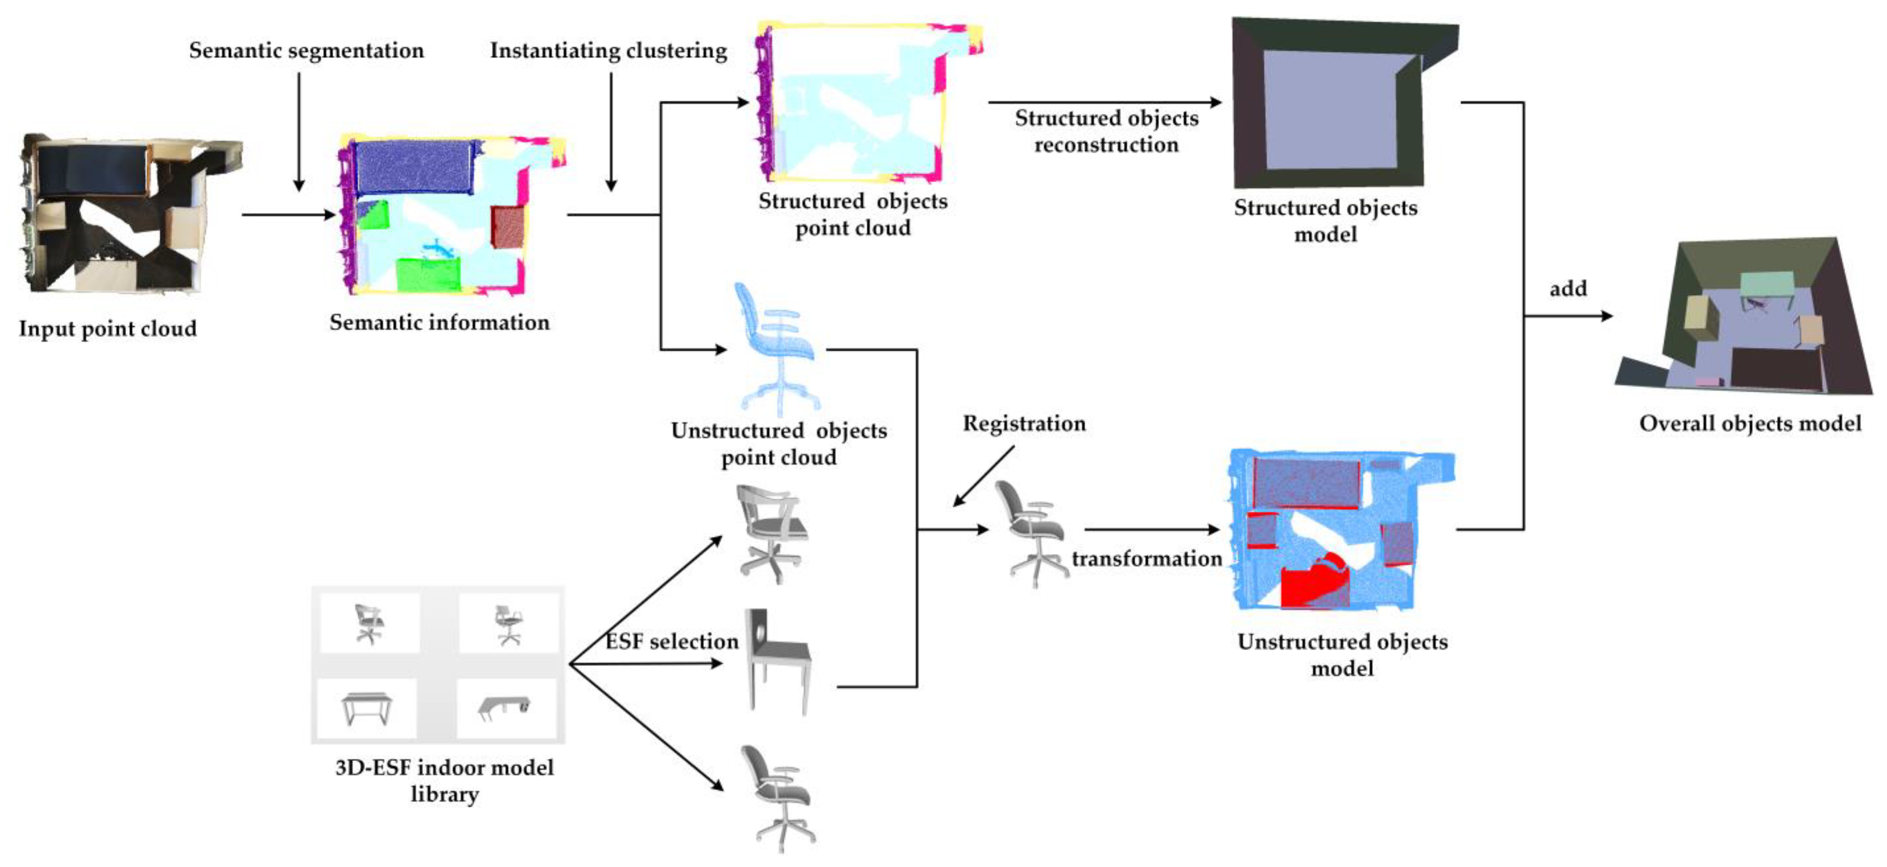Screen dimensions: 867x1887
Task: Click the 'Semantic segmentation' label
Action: click(306, 51)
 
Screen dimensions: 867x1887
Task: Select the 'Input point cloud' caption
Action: click(108, 328)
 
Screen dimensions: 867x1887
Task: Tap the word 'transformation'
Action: click(1146, 558)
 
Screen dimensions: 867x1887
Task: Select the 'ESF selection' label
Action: click(672, 641)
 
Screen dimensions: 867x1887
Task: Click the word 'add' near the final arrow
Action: click(1567, 289)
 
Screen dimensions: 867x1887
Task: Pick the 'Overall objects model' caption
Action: click(1749, 423)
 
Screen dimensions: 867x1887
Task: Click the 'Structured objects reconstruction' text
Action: click(1106, 131)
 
